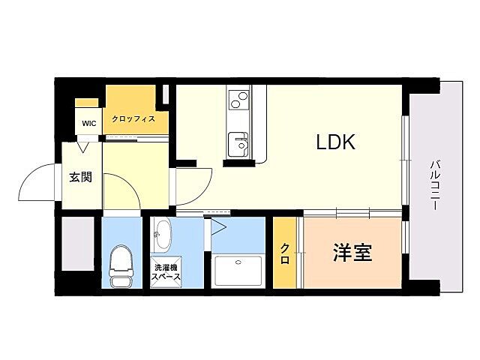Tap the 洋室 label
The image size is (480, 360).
click(x=352, y=253)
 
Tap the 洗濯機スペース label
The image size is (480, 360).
click(x=166, y=271)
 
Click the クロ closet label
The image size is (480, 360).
click(x=285, y=253)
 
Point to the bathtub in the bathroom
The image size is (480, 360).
click(x=238, y=270)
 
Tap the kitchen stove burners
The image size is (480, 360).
click(x=238, y=98)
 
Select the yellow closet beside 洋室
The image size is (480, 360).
click(x=285, y=253)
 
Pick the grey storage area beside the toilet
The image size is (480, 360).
click(x=77, y=244)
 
